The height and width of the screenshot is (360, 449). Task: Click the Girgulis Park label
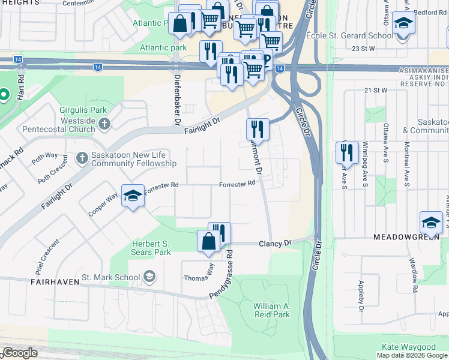[x=83, y=110]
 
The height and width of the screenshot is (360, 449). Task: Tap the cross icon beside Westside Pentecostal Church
[x=104, y=124]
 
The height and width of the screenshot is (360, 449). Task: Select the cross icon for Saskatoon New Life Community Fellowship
[x=82, y=159]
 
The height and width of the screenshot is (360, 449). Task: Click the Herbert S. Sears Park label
[x=151, y=248]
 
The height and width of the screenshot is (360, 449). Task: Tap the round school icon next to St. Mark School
[x=149, y=277]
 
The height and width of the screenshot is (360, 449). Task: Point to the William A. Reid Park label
[x=271, y=310]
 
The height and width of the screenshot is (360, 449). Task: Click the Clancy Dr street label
[x=274, y=243]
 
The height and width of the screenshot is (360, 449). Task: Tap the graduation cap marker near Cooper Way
[x=133, y=196]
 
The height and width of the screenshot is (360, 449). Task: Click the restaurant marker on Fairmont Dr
[x=256, y=128]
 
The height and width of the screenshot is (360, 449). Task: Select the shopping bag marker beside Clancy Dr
[x=208, y=241]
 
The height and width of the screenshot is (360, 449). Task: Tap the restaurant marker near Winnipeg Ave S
[x=346, y=152]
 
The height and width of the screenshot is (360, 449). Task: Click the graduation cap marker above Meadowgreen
[x=430, y=223]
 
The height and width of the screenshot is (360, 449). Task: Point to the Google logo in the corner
[x=19, y=353]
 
